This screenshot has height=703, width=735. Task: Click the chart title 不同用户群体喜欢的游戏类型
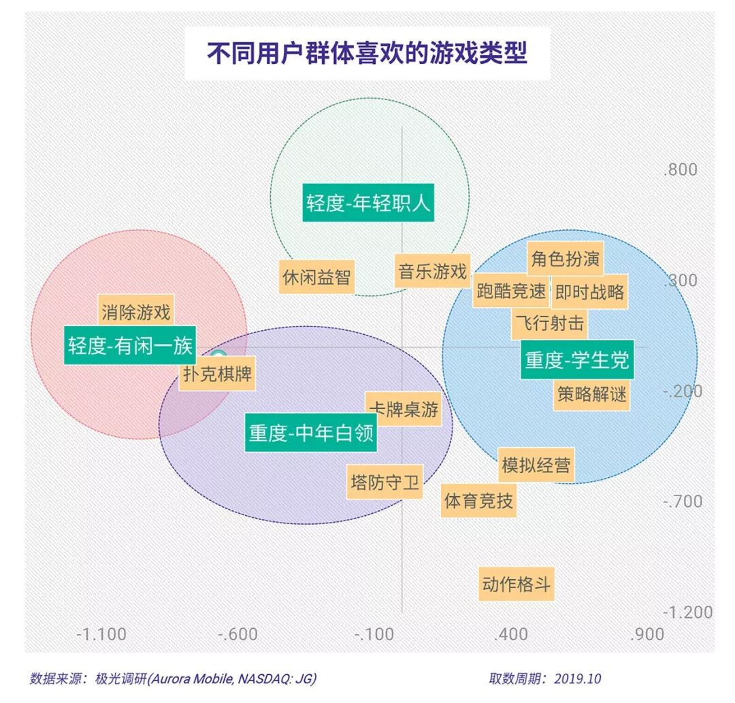(367, 54)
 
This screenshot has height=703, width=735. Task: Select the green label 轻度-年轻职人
(368, 203)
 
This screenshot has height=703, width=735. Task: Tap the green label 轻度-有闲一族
(130, 346)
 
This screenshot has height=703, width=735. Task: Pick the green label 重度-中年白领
(311, 434)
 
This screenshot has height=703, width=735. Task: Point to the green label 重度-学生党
(577, 359)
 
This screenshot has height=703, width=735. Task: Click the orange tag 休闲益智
(317, 278)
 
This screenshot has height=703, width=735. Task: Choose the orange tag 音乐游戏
(433, 272)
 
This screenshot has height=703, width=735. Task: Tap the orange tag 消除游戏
(135, 312)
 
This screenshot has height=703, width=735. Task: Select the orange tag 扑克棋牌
(217, 374)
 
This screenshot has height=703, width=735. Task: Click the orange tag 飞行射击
(549, 324)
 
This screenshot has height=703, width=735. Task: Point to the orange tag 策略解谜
(591, 394)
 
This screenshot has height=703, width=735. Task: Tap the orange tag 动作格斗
(517, 585)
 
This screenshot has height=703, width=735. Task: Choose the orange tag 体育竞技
(478, 502)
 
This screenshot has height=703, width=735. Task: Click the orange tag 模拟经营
(536, 466)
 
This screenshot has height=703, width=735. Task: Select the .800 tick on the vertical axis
(681, 169)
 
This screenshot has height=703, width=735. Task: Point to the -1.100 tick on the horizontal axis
(101, 634)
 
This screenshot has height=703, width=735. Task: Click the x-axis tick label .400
(511, 634)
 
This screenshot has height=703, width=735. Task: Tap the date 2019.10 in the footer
(578, 679)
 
